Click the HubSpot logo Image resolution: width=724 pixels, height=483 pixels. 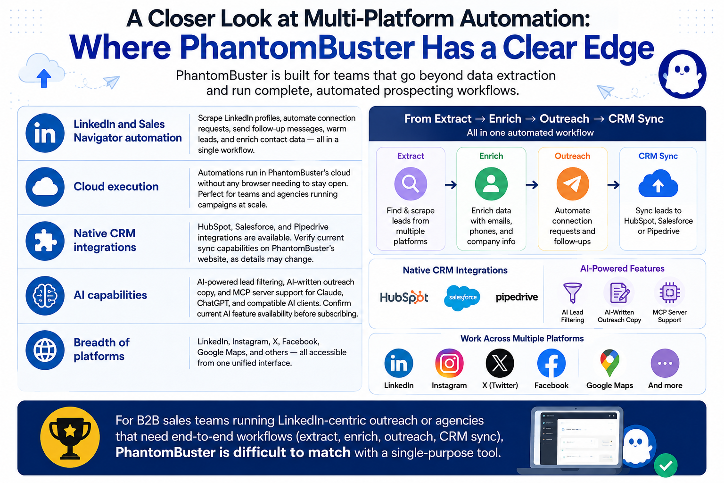point(404,297)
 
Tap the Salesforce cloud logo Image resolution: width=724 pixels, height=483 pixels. point(462,298)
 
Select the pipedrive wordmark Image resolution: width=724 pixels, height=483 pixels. point(517,297)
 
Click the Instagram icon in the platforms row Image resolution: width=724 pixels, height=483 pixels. point(449,363)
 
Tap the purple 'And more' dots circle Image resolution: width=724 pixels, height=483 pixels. point(665,363)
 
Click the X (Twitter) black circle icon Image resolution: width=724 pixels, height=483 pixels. point(500,363)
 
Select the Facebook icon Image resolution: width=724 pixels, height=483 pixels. point(551,363)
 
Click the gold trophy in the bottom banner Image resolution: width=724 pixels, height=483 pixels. point(70,437)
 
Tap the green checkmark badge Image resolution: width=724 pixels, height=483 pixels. point(666,466)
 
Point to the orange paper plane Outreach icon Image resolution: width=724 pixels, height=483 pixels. point(572,184)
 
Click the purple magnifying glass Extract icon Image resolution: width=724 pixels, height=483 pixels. point(411,184)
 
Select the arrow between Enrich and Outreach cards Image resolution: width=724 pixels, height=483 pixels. point(532,185)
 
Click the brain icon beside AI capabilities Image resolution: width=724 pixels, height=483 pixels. point(45,296)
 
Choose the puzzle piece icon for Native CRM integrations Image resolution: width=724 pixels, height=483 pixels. point(45,241)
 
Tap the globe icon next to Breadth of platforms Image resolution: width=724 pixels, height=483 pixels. point(45,350)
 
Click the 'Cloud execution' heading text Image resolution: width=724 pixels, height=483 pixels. point(116,187)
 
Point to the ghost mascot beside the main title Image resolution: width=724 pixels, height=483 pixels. point(683,74)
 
